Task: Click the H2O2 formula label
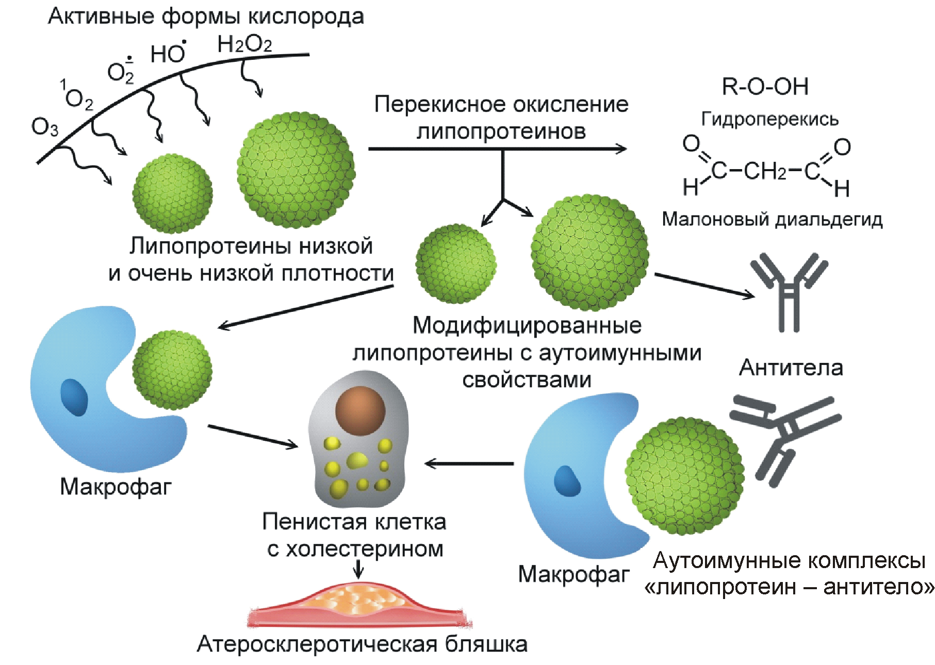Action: [x=244, y=44]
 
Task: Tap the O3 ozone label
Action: [x=45, y=127]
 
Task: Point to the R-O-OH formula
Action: [x=765, y=87]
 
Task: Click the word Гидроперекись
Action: [x=769, y=119]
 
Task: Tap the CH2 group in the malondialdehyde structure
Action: [x=765, y=171]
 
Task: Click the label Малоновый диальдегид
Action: [x=772, y=219]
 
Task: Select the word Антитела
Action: [x=791, y=368]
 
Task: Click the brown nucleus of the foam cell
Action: [x=360, y=410]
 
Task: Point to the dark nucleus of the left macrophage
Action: [x=74, y=397]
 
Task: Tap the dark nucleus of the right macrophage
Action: [x=567, y=481]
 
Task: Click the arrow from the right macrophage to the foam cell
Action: [x=469, y=463]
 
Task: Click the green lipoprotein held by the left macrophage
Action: [x=172, y=370]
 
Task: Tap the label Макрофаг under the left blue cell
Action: [x=115, y=487]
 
